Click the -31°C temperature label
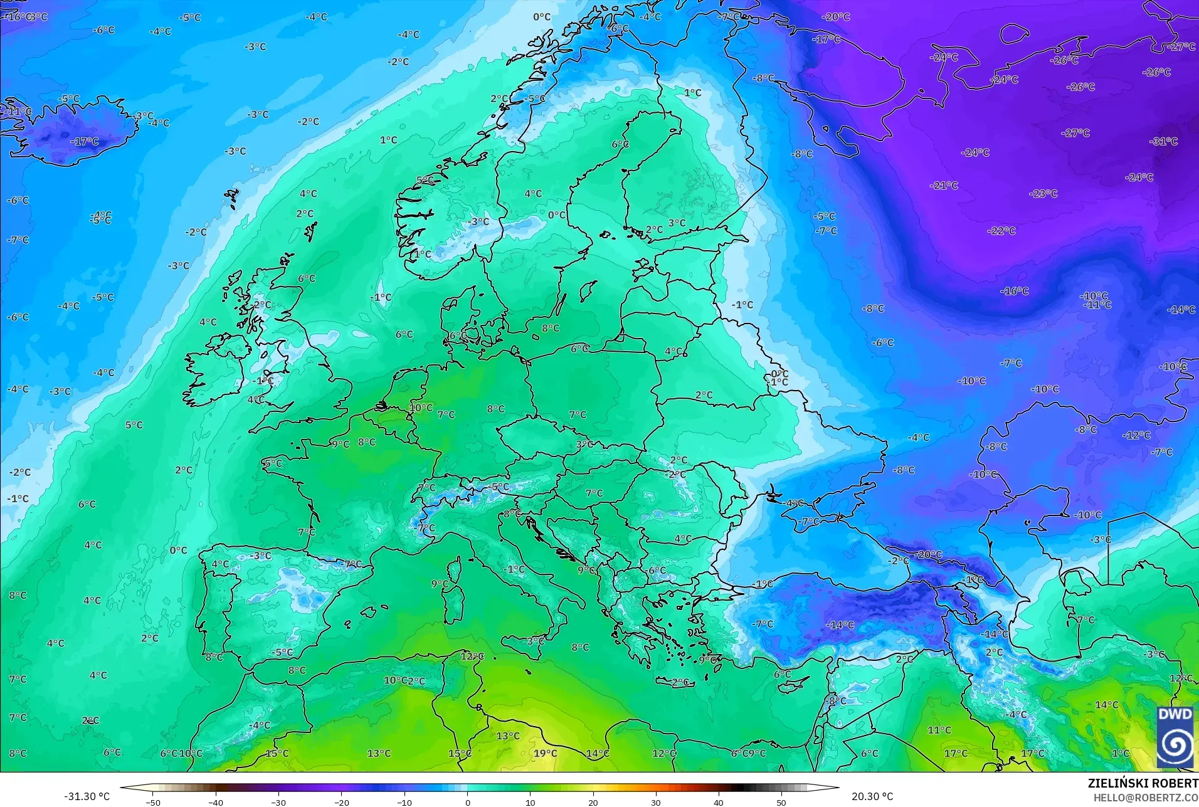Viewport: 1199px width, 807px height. click(1163, 142)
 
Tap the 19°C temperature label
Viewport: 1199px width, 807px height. click(545, 753)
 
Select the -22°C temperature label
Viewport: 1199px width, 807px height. click(1001, 231)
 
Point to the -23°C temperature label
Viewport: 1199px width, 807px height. click(1043, 194)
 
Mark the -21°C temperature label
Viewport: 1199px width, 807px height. click(944, 186)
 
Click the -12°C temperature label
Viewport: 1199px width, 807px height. click(1136, 435)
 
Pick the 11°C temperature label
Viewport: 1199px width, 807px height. click(939, 730)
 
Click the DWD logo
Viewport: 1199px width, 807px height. click(1175, 737)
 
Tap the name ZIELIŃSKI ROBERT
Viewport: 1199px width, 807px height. click(1143, 783)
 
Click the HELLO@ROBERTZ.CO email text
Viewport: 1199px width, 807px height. click(1146, 798)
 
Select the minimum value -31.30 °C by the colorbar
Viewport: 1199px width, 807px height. click(87, 796)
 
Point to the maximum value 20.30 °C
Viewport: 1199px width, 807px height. click(872, 796)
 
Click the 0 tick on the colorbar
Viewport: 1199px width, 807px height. click(468, 802)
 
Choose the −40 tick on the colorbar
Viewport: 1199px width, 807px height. click(216, 802)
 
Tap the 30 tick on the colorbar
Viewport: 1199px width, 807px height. click(656, 802)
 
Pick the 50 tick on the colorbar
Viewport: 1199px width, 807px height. click(781, 802)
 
